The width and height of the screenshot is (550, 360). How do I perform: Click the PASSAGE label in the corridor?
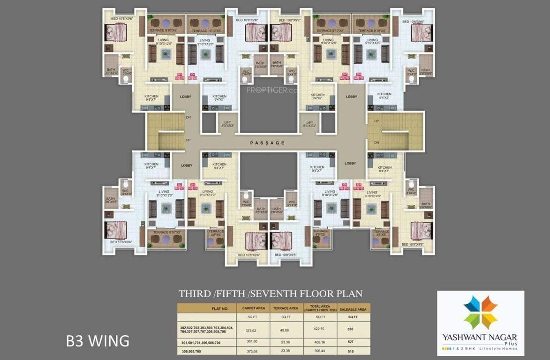(x=267, y=142)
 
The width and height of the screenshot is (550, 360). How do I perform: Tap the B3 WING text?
(x=98, y=340)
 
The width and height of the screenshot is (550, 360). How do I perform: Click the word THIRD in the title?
(x=194, y=294)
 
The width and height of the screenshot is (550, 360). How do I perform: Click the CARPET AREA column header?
(x=254, y=308)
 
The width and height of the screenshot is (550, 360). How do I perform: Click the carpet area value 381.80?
(x=254, y=342)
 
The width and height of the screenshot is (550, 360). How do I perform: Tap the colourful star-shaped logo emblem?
(x=480, y=312)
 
